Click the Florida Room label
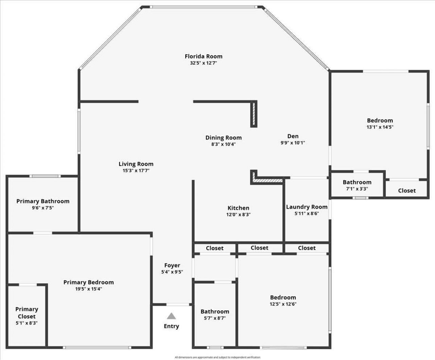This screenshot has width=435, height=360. click(203, 56)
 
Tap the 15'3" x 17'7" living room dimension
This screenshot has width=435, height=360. click(136, 171)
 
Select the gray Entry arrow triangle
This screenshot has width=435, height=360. click(171, 316)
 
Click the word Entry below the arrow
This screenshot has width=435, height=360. click(171, 326)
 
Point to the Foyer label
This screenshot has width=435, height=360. click(172, 265)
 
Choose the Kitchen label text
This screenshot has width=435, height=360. click(238, 208)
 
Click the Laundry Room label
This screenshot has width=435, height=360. click(307, 207)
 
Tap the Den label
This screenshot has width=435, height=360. click(293, 136)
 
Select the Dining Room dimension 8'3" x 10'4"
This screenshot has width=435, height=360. click(223, 144)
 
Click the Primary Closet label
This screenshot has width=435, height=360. click(27, 312)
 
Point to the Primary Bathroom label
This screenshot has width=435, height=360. click(43, 201)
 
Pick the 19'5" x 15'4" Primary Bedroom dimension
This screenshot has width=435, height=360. click(88, 289)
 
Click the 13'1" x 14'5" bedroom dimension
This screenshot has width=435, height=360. click(380, 127)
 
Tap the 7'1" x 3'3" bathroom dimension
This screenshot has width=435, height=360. click(357, 189)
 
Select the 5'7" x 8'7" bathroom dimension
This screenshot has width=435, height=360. click(214, 318)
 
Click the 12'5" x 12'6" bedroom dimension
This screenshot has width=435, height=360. click(283, 304)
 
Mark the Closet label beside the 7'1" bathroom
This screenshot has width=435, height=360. click(407, 191)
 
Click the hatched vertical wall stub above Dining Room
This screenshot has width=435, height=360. click(254, 114)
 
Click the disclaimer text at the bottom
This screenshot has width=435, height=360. click(217, 357)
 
